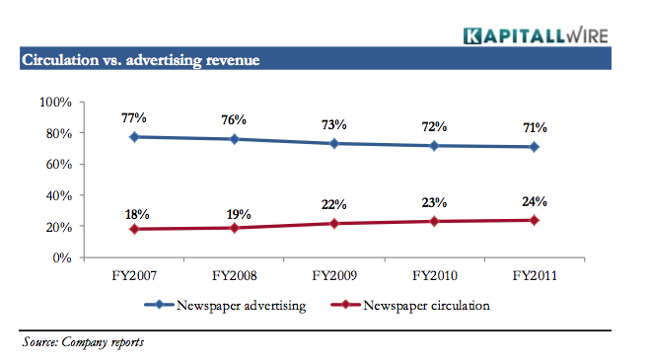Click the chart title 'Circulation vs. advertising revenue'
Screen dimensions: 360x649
click(x=140, y=61)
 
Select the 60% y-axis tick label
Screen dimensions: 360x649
click(x=53, y=164)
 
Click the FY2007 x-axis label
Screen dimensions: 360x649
click(x=134, y=277)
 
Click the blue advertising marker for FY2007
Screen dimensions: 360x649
click(x=134, y=137)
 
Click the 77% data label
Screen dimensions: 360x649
click(x=134, y=117)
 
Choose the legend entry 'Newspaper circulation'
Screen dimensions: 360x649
click(x=413, y=306)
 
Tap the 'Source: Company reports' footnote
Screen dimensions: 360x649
click(x=84, y=342)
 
